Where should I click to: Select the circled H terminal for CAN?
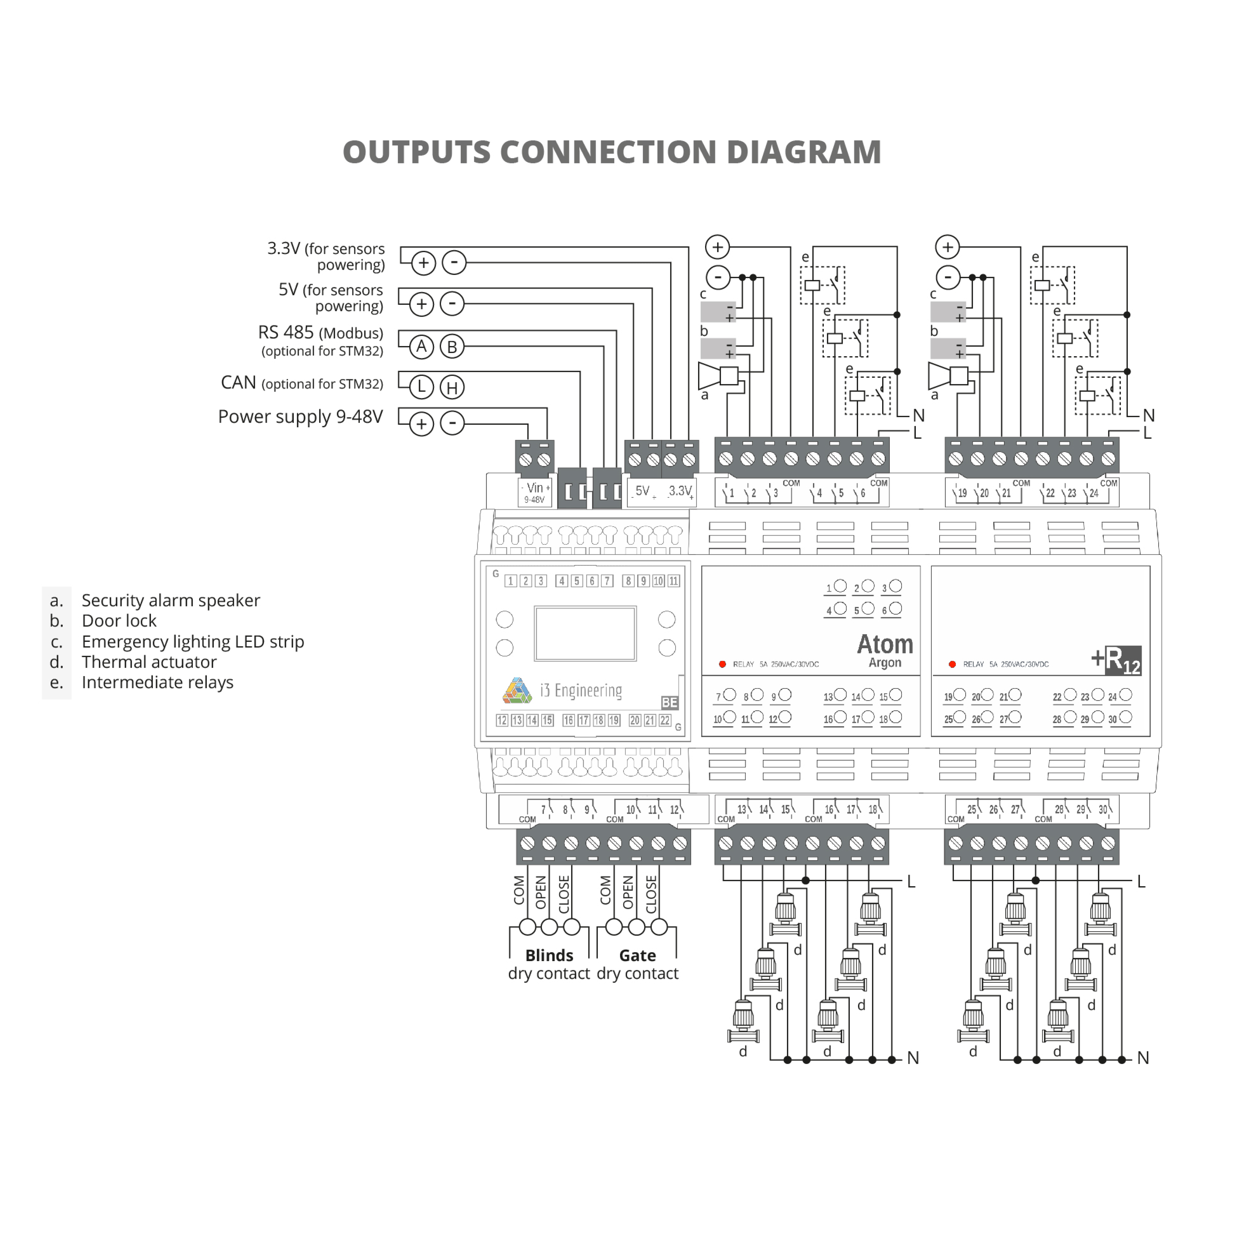coord(453,388)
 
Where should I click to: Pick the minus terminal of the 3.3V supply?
coord(454,262)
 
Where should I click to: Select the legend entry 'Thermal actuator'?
coord(149,662)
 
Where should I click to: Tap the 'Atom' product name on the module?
coord(885,644)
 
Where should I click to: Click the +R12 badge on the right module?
coord(1116,660)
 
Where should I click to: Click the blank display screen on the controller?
coord(585,633)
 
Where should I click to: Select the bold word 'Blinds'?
coord(549,955)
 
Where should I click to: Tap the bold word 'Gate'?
coord(637,955)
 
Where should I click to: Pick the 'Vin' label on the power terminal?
coord(535,487)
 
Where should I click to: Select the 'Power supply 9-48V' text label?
coord(300,417)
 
